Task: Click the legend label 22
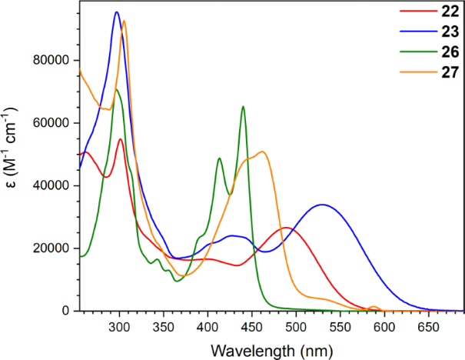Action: point(446,13)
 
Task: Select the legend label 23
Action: point(446,32)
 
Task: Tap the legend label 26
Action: point(446,52)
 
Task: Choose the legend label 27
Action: point(446,72)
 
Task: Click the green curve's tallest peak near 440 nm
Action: point(243,106)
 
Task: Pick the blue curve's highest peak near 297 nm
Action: point(117,12)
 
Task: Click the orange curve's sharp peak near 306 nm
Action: point(125,21)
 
